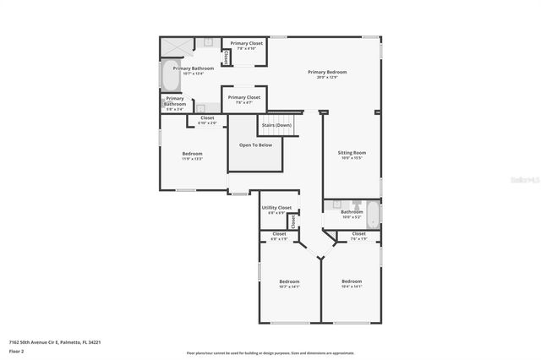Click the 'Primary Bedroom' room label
pos(327,72)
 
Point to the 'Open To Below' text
pos(255,145)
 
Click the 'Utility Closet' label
pos(276,207)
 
